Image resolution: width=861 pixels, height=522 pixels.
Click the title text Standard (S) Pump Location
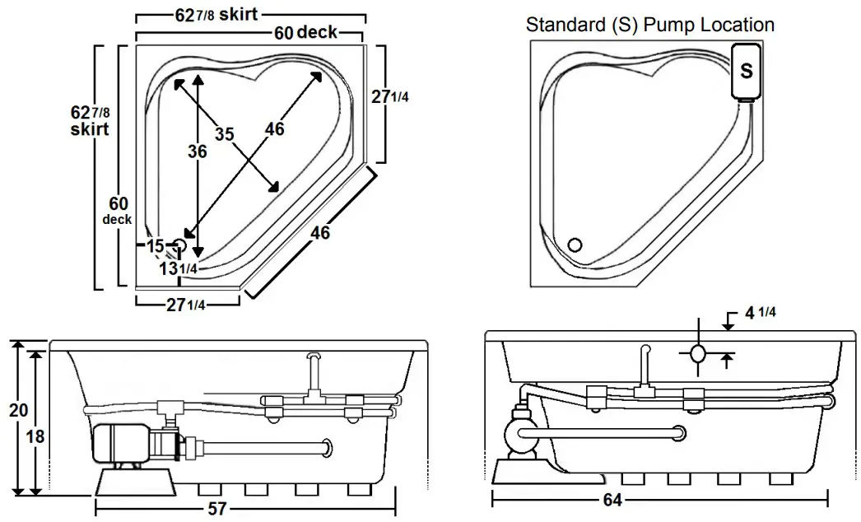(649, 25)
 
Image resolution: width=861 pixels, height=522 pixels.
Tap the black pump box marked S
(746, 72)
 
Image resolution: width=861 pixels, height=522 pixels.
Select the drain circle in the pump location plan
(575, 244)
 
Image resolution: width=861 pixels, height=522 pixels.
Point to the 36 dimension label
(197, 151)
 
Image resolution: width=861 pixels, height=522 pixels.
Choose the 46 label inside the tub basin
(275, 128)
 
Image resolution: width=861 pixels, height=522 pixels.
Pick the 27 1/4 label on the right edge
(389, 96)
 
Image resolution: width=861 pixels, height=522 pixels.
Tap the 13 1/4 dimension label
(178, 268)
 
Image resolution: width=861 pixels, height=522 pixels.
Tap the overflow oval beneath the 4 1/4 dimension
(697, 354)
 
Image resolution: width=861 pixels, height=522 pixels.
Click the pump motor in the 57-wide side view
(121, 445)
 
